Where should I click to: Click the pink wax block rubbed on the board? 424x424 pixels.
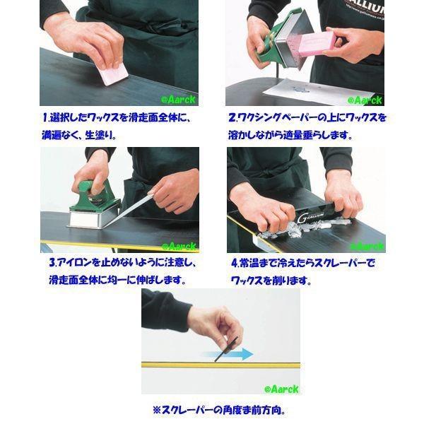[114, 73]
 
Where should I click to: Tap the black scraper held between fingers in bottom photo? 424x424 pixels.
[226, 349]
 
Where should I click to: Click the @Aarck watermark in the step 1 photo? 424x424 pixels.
[178, 100]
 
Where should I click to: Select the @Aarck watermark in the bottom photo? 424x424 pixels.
[281, 389]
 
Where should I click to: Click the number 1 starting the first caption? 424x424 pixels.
[45, 117]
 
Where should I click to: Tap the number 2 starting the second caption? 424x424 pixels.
[232, 118]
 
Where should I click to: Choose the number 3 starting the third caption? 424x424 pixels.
[52, 263]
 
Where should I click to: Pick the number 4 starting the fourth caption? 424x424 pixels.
[235, 263]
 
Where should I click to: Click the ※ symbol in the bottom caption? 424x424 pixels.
[157, 410]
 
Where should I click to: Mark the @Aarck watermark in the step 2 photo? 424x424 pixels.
[365, 100]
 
